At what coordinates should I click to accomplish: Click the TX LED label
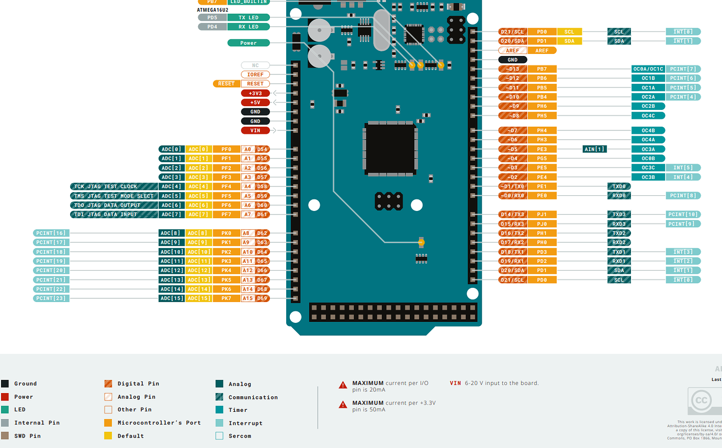pyautogui.click(x=249, y=17)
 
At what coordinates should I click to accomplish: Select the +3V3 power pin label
pyautogui.click(x=255, y=93)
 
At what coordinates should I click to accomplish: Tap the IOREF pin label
pyautogui.click(x=255, y=74)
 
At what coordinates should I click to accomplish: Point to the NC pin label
pyautogui.click(x=255, y=65)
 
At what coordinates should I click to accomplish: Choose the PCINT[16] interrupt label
pyautogui.click(x=51, y=233)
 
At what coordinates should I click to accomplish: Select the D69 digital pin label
pyautogui.click(x=262, y=298)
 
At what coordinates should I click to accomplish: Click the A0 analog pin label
pyautogui.click(x=248, y=149)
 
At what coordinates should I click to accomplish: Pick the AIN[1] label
pyautogui.click(x=594, y=149)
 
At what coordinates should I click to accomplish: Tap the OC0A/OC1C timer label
pyautogui.click(x=648, y=69)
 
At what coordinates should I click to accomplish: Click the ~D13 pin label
pyautogui.click(x=513, y=69)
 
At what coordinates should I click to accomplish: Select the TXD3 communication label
pyautogui.click(x=619, y=214)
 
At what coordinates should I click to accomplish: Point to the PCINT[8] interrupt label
pyautogui.click(x=683, y=196)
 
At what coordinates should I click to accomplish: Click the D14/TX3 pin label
pyautogui.click(x=513, y=214)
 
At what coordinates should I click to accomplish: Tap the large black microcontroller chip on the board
pyautogui.click(x=390, y=149)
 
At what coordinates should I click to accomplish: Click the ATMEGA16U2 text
pyautogui.click(x=212, y=10)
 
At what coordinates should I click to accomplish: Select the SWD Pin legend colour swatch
pyautogui.click(x=5, y=435)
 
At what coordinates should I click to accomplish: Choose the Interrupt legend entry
pyautogui.click(x=245, y=423)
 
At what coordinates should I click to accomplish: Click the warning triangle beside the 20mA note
pyautogui.click(x=343, y=385)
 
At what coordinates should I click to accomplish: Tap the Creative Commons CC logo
pyautogui.click(x=701, y=401)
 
